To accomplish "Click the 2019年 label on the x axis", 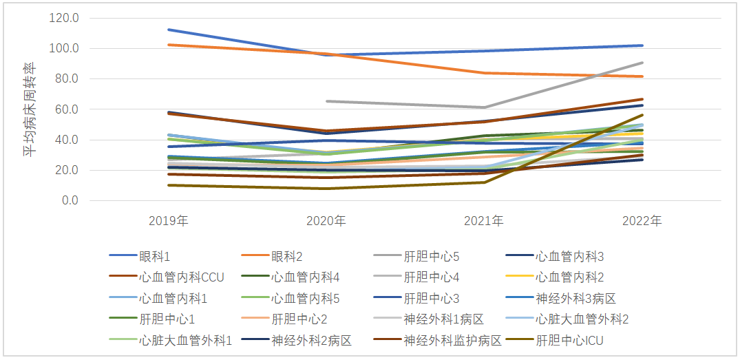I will [x=168, y=221].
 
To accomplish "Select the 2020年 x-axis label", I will [x=326, y=221].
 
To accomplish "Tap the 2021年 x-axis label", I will [x=484, y=221].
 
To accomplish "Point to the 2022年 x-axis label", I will [x=642, y=221].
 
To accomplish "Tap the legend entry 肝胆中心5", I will [x=431, y=257].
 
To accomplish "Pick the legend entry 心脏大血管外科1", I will [x=185, y=340].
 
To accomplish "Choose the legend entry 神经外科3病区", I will [x=575, y=299].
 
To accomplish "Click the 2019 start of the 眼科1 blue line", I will [x=168, y=30].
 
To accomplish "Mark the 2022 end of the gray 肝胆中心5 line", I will [x=642, y=63].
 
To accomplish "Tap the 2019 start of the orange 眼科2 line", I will [x=168, y=45].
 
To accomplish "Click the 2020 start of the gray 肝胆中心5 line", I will [x=326, y=101].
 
